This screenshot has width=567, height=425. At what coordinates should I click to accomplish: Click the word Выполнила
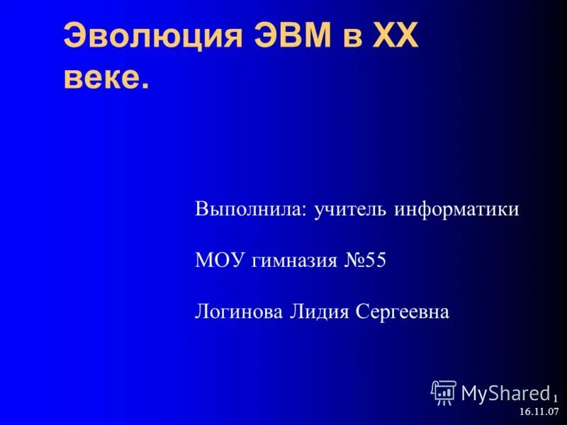point(249,210)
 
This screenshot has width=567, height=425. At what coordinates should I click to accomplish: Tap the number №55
point(366,261)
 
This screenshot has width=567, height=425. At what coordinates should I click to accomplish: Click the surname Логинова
point(239,312)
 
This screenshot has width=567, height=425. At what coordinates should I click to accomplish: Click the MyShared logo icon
point(444,392)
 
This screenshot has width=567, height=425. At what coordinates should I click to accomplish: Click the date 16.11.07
point(539,412)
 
